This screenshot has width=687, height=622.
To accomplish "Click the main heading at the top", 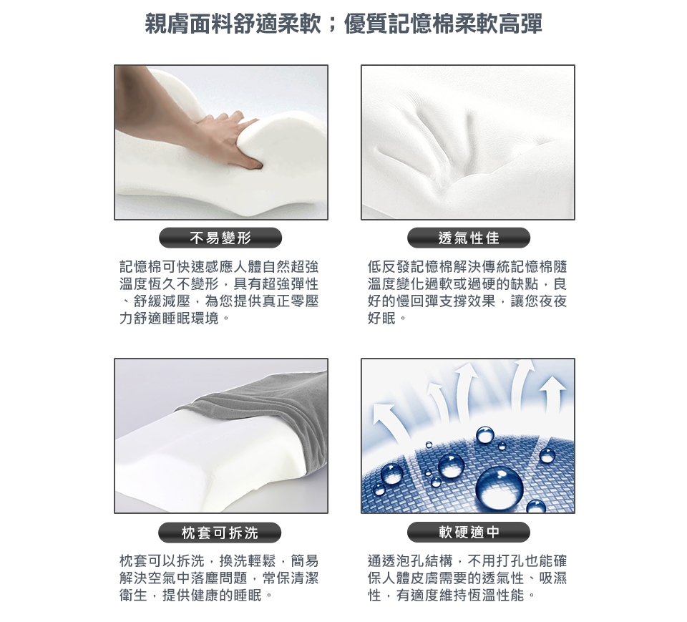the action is (x=343, y=23).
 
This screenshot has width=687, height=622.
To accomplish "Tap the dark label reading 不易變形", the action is (x=220, y=238).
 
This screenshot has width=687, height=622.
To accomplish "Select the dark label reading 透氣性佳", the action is (x=468, y=238).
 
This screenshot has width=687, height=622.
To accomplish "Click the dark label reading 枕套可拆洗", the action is (x=220, y=533).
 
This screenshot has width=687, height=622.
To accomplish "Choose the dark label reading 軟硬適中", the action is (x=468, y=532).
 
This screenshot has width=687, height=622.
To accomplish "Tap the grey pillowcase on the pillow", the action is (x=272, y=421).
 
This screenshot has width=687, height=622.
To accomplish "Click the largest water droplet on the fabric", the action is (x=499, y=487).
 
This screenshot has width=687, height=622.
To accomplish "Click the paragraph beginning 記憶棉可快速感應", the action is (x=219, y=292).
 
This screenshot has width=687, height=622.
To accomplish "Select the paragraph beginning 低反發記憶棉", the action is (x=467, y=292).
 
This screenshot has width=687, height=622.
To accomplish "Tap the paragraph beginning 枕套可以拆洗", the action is (x=219, y=578).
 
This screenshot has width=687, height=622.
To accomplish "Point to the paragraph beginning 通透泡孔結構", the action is (x=467, y=578).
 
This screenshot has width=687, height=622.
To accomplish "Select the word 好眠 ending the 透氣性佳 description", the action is (x=381, y=319).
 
